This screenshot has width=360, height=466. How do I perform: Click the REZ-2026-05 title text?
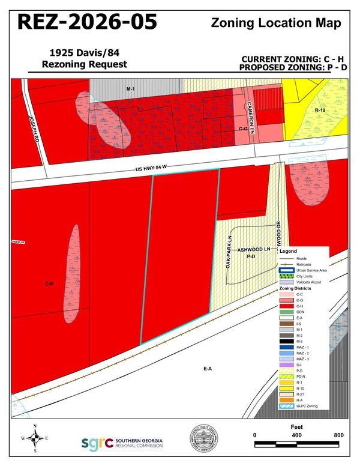point(88,22)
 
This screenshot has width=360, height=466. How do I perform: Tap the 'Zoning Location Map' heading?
point(277,23)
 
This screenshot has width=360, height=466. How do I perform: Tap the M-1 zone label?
point(130,89)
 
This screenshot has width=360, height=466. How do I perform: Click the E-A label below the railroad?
point(208,368)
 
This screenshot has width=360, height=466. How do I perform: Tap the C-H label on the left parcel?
point(49,284)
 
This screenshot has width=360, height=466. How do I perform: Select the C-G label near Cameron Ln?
point(243,129)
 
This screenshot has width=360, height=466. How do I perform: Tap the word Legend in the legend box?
point(289,250)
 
